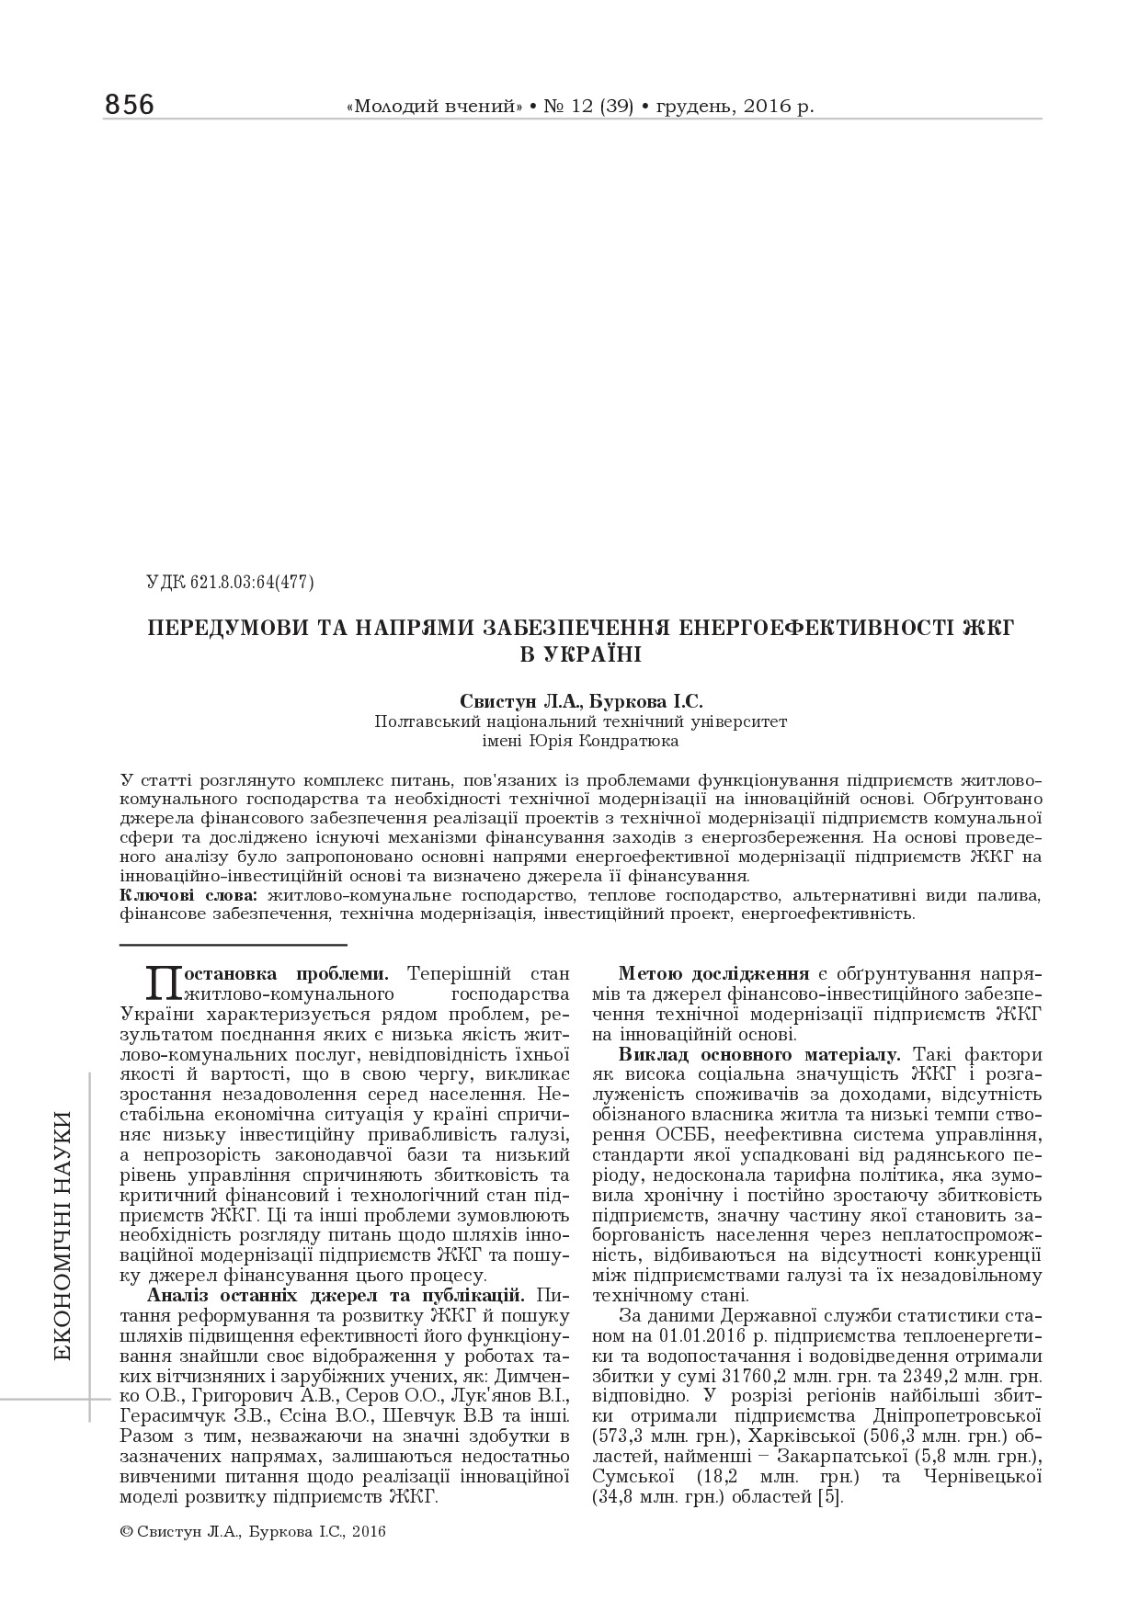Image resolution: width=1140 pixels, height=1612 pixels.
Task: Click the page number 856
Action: click(x=130, y=105)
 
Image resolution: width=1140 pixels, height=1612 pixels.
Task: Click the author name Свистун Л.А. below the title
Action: click(x=508, y=702)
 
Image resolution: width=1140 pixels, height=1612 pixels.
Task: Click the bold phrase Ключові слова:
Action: click(x=191, y=895)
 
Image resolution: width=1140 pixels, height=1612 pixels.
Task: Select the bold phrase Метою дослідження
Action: click(x=713, y=973)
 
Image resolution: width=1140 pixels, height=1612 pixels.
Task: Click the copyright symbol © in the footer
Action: click(x=126, y=1532)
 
